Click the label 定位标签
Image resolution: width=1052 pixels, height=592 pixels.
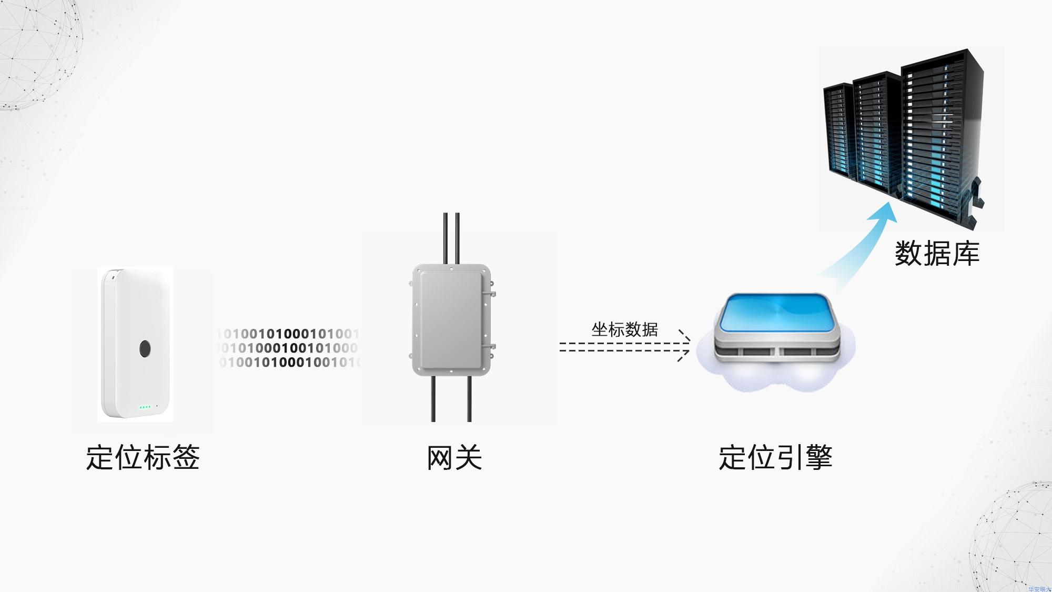143,457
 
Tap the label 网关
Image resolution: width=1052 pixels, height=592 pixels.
454,457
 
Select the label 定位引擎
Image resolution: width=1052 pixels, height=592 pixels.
775,457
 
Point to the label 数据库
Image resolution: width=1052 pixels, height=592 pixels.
937,254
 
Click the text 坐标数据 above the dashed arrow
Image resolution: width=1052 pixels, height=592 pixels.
624,330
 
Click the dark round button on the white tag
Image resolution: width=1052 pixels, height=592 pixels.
145,348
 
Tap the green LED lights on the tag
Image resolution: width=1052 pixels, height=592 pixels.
145,407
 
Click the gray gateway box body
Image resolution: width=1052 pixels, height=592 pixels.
451,319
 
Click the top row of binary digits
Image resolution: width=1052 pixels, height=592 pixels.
288,334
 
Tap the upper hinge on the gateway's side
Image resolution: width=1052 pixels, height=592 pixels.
492,288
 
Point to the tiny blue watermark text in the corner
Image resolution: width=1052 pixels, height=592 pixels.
1039,589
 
